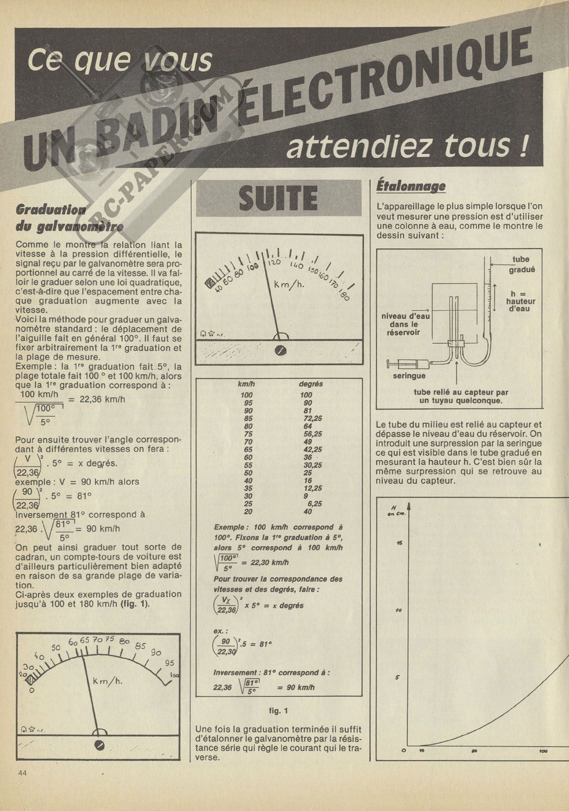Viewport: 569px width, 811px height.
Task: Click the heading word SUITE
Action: (278, 198)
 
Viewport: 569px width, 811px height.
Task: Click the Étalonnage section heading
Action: (411, 186)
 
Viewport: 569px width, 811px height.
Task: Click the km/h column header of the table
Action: (246, 384)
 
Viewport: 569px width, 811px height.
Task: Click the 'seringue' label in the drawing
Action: (409, 376)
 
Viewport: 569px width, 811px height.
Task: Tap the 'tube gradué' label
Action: (521, 264)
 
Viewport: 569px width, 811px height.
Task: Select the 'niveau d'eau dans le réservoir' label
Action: (405, 324)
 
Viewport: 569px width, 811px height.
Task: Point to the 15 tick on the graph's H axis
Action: (399, 543)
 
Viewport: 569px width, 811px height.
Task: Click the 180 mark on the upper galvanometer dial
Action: (343, 295)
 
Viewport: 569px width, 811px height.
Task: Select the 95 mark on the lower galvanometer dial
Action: (169, 663)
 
